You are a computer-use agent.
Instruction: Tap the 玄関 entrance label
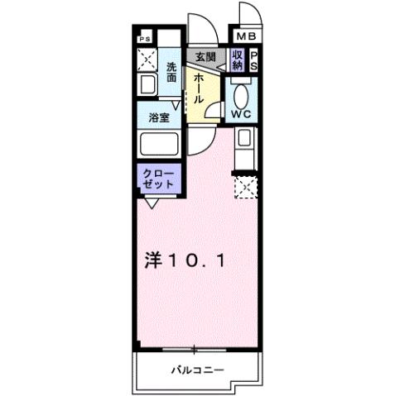204,57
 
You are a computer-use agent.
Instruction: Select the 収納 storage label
238,60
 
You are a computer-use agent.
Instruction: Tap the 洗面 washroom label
171,72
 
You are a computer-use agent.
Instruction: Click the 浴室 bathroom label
159,118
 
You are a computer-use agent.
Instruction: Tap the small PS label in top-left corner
144,38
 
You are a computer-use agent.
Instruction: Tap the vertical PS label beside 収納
254,60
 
